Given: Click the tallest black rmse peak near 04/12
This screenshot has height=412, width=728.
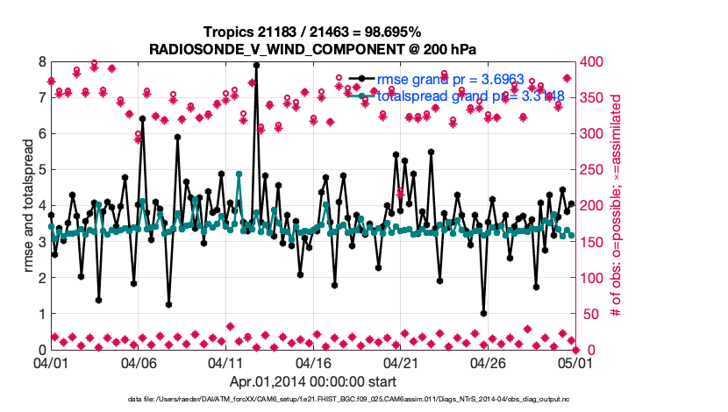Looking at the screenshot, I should tap(256, 64).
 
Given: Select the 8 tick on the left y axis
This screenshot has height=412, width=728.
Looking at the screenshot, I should tap(41, 62).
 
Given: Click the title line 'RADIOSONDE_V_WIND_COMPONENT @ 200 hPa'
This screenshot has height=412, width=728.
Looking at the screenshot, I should tap(312, 48).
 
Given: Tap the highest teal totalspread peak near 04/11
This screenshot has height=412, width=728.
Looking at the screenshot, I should tap(239, 174).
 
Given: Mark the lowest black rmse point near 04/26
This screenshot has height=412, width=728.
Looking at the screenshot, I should tap(483, 313).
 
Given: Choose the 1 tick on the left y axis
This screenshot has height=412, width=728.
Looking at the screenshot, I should tap(41, 313).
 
